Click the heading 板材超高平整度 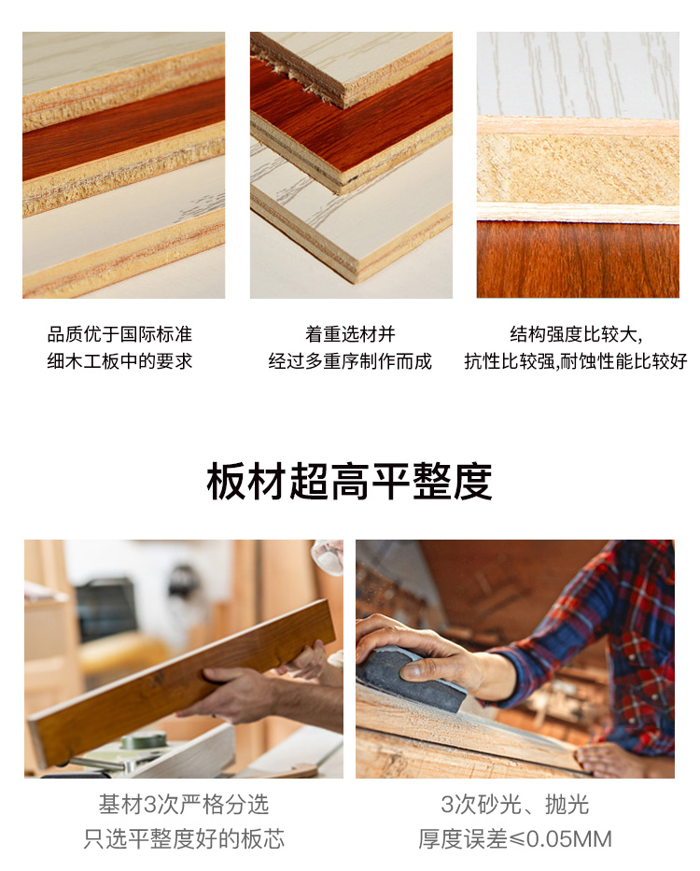[x=349, y=481]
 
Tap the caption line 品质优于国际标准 [x=119, y=334]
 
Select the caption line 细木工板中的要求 [x=119, y=361]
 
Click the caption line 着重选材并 [x=350, y=334]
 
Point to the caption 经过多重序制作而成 [x=350, y=361]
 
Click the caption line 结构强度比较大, [x=576, y=334]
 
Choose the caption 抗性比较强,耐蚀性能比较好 [x=576, y=361]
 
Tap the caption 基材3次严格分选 [x=183, y=805]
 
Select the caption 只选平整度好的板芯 [x=183, y=838]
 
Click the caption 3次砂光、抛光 [x=515, y=805]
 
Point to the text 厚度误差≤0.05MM [x=515, y=838]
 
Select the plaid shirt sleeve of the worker [x=600, y=639]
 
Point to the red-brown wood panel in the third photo [x=578, y=260]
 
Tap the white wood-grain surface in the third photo [x=578, y=75]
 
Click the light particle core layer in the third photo [x=578, y=169]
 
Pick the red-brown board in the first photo [x=123, y=131]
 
